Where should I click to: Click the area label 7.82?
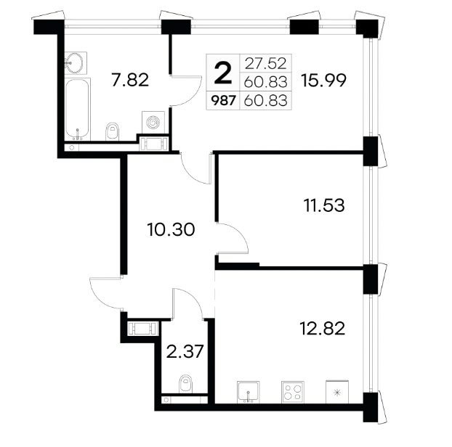(130, 80)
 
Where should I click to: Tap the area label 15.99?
(323, 80)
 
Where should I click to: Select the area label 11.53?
(324, 205)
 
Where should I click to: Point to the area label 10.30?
(171, 230)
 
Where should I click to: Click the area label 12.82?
(323, 329)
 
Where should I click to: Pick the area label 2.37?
(185, 351)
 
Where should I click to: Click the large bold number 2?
(223, 73)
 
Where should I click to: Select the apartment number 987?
(223, 100)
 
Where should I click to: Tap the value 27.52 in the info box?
(265, 63)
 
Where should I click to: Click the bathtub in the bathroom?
(77, 109)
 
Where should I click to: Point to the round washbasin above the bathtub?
(76, 62)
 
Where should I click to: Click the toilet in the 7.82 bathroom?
(113, 131)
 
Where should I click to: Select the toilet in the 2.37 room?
(185, 384)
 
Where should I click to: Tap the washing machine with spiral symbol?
(153, 123)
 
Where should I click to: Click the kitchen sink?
(249, 392)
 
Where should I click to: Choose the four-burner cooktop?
(293, 392)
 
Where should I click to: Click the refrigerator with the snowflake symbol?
(337, 392)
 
